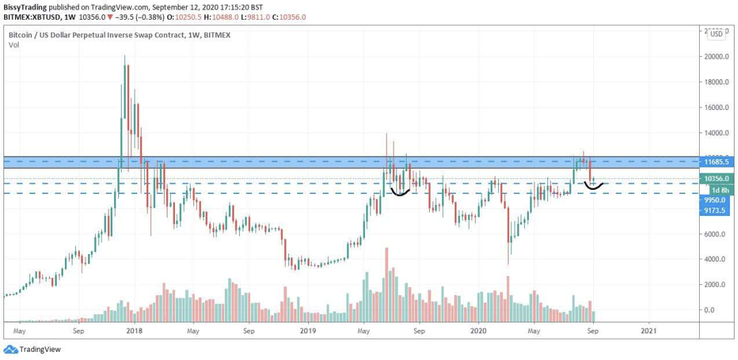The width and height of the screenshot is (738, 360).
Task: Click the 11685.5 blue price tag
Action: pyautogui.click(x=717, y=161)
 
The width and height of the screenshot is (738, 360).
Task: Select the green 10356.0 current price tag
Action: pyautogui.click(x=717, y=178)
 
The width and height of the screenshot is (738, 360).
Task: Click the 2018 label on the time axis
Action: pyautogui.click(x=135, y=331)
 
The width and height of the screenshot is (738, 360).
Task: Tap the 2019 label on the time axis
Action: pyautogui.click(x=307, y=331)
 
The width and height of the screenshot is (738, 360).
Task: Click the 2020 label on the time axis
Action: pyautogui.click(x=478, y=331)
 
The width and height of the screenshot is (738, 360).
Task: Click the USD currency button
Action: pyautogui.click(x=716, y=33)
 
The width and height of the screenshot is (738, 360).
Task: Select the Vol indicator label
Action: pyautogui.click(x=14, y=44)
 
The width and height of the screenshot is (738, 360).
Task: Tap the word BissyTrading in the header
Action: pyautogui.click(x=27, y=7)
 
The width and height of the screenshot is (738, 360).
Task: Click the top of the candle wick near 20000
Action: pyautogui.click(x=124, y=57)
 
